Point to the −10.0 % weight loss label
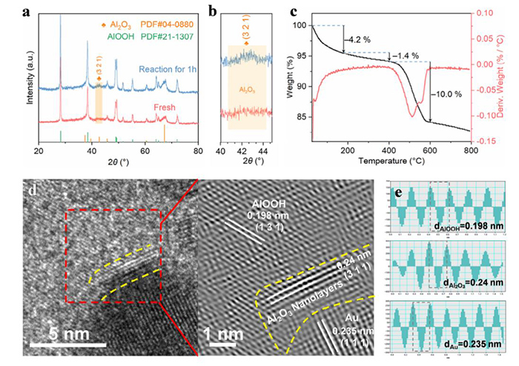[x=449, y=94]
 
